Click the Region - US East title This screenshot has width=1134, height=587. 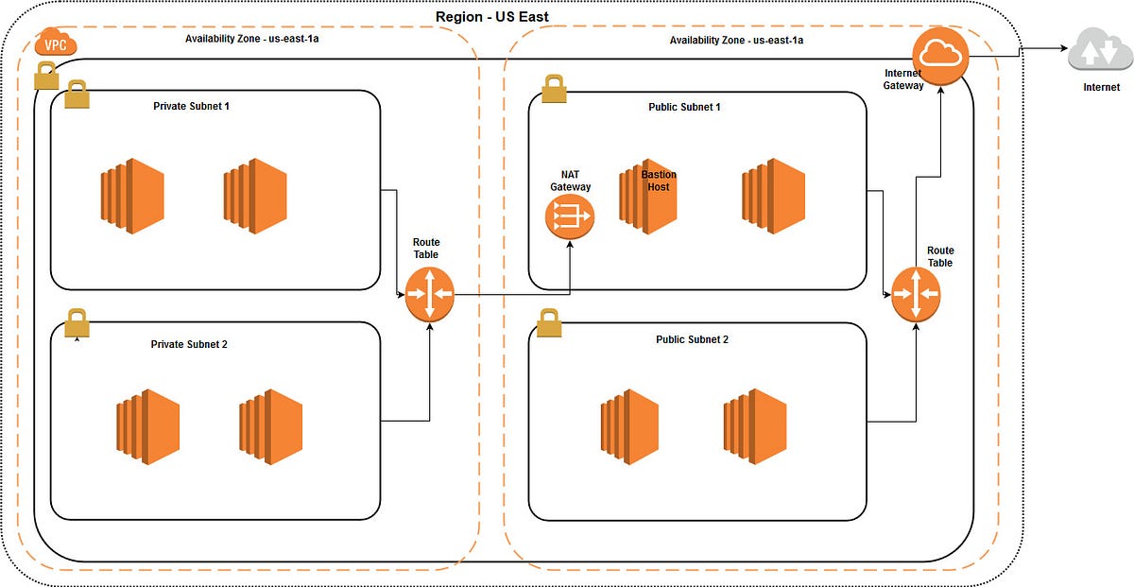491,16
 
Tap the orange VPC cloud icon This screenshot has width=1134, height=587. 56,43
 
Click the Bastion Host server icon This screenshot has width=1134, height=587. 648,200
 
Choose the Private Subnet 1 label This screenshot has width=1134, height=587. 191,106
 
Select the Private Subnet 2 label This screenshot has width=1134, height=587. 189,344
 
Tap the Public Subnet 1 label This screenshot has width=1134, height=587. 684,107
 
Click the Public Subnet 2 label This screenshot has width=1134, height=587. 692,339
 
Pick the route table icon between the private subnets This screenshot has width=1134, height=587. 430,294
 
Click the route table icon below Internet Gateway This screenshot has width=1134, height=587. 916,294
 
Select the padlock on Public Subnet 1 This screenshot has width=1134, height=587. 554,89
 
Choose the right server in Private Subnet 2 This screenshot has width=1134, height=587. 270,426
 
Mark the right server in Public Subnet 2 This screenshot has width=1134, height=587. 754,426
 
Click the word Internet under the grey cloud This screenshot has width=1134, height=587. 1102,87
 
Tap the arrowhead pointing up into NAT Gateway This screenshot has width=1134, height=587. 570,244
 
